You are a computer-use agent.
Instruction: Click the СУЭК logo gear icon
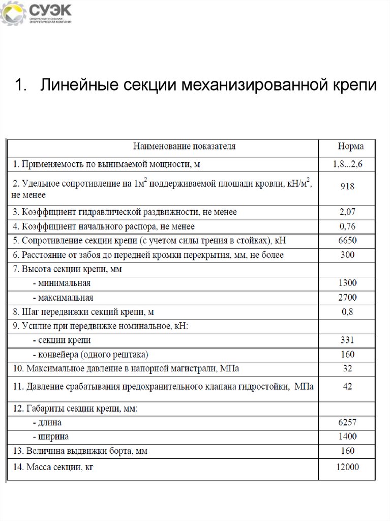[13, 14]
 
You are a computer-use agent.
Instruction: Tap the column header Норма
[351, 147]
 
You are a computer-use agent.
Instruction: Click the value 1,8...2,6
[348, 164]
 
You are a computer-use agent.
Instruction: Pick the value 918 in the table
[348, 186]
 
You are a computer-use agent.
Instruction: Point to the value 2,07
[348, 212]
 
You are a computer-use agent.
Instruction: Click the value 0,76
[348, 226]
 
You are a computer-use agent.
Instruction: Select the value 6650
[348, 241]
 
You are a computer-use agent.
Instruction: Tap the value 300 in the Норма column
[348, 255]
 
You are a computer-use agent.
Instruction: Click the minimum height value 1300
[348, 283]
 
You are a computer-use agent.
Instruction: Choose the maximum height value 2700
[348, 297]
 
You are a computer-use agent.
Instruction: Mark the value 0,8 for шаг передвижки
[348, 312]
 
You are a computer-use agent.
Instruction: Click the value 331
[348, 340]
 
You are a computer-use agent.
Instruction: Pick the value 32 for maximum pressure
[348, 368]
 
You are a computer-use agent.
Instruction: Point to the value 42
[348, 387]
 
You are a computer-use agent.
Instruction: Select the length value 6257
[348, 422]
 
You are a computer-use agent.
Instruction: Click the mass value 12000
[348, 467]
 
